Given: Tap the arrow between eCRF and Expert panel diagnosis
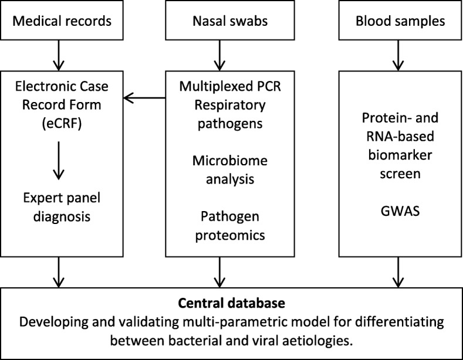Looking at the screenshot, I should point(59,167).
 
